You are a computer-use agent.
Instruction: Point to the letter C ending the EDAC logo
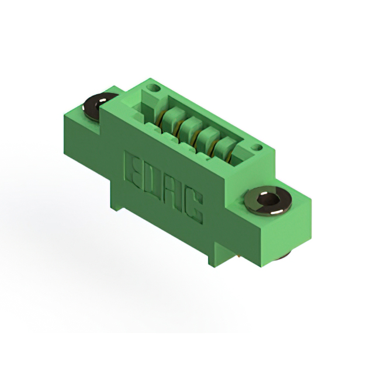point(193,206)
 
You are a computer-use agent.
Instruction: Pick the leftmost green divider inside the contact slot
point(171,117)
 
